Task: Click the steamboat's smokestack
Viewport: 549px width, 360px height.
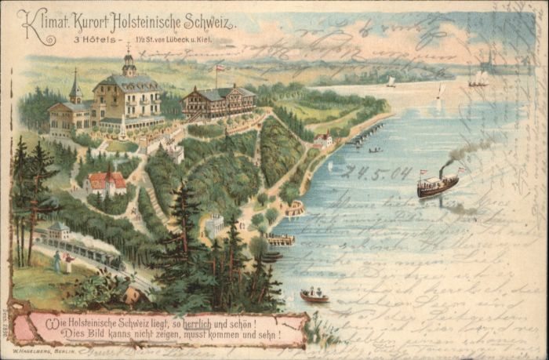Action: (442, 170)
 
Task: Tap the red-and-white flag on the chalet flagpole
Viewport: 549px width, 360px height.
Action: (220, 69)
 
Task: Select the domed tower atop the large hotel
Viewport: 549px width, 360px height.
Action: (129, 63)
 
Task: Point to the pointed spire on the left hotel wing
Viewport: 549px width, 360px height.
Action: (75, 86)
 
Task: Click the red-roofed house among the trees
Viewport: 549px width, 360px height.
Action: (107, 183)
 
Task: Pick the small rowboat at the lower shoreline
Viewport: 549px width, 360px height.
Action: (314, 296)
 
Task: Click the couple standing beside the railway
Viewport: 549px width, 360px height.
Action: (62, 261)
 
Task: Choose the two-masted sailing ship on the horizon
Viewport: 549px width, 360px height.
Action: (478, 78)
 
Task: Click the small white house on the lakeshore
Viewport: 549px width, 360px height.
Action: (322, 141)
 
